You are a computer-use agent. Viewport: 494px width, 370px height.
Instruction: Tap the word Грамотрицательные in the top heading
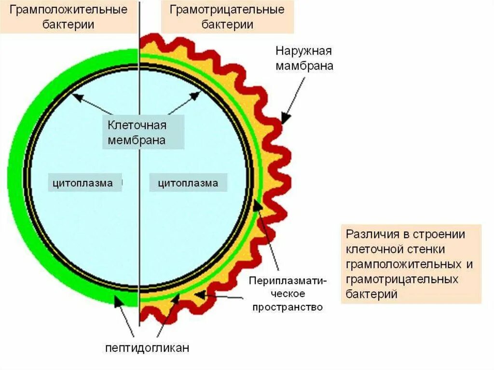click(x=227, y=10)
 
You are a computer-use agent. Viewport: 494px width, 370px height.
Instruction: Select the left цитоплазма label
click(x=83, y=183)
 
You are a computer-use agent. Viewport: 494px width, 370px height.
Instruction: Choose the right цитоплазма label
click(x=188, y=183)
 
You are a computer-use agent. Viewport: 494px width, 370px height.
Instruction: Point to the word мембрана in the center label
click(x=137, y=140)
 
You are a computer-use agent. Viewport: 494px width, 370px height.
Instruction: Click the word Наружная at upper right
click(x=304, y=51)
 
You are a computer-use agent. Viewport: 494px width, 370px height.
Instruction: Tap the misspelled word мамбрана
click(x=304, y=66)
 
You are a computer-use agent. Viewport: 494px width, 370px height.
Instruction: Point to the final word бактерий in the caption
click(x=371, y=294)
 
